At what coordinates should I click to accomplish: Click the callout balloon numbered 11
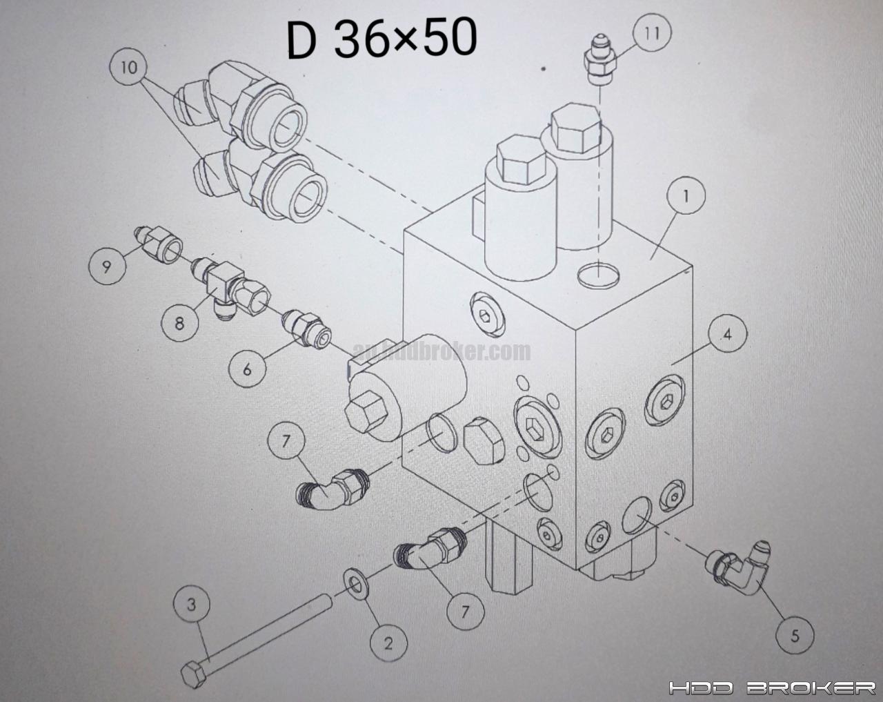(653, 32)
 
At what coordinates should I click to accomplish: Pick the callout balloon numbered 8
(179, 322)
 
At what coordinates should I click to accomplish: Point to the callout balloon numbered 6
(246, 369)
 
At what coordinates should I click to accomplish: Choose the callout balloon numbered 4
(727, 336)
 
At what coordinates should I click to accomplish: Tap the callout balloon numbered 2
(388, 643)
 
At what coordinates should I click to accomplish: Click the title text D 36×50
(381, 40)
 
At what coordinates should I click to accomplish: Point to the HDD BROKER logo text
(772, 688)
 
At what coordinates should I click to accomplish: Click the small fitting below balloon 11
(599, 64)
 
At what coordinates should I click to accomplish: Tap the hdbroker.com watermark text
(441, 352)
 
